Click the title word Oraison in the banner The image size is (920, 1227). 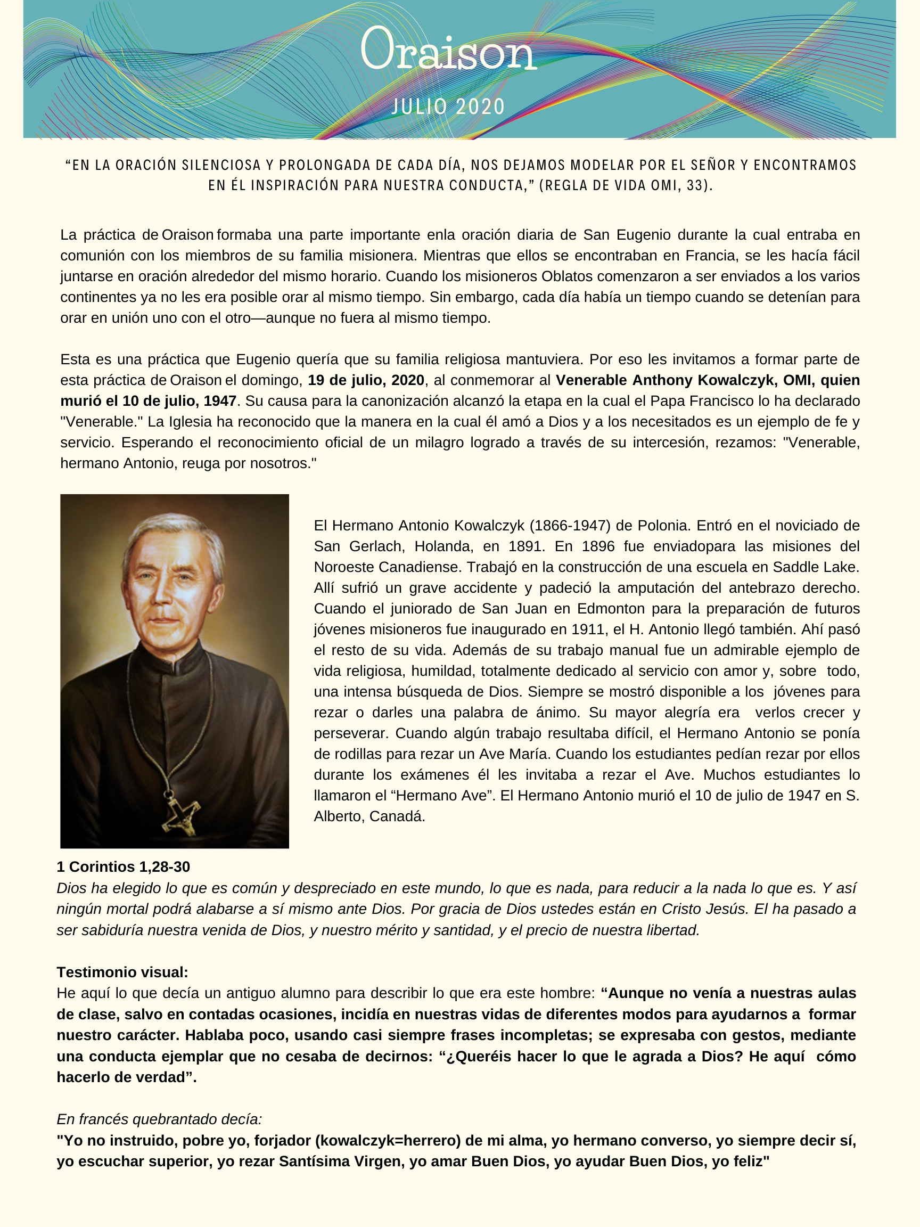click(x=448, y=50)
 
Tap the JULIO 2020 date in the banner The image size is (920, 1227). click(x=448, y=107)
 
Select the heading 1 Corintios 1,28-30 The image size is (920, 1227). click(x=123, y=866)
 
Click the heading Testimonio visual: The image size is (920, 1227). click(x=122, y=972)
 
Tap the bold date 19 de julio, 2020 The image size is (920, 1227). click(x=366, y=380)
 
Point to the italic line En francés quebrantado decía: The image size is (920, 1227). click(x=159, y=1119)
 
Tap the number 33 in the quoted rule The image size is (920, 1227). click(x=694, y=185)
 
